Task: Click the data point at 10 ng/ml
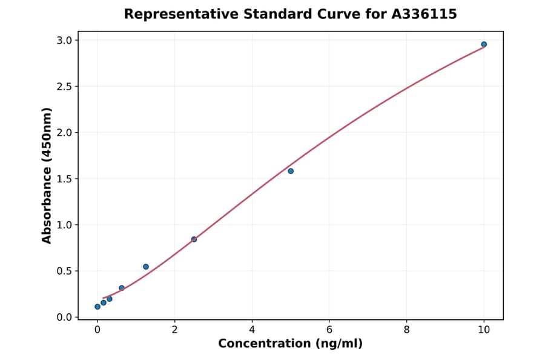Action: (484, 44)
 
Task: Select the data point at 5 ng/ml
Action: (291, 171)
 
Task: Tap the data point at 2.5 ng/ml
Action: (194, 239)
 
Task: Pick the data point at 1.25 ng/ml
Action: (146, 267)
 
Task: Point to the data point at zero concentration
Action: (97, 307)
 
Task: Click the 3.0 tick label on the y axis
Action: (65, 41)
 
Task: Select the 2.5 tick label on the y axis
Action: (65, 87)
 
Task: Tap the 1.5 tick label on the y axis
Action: (65, 179)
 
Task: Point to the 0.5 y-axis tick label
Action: (65, 271)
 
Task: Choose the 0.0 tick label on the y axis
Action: (65, 317)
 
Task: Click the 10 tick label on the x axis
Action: (484, 330)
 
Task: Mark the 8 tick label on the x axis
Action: (406, 330)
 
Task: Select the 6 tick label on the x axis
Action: (329, 330)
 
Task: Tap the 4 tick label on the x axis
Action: (252, 330)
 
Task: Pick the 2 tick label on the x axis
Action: (174, 330)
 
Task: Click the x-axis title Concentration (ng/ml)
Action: (290, 344)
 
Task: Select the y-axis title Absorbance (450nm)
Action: (47, 175)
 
